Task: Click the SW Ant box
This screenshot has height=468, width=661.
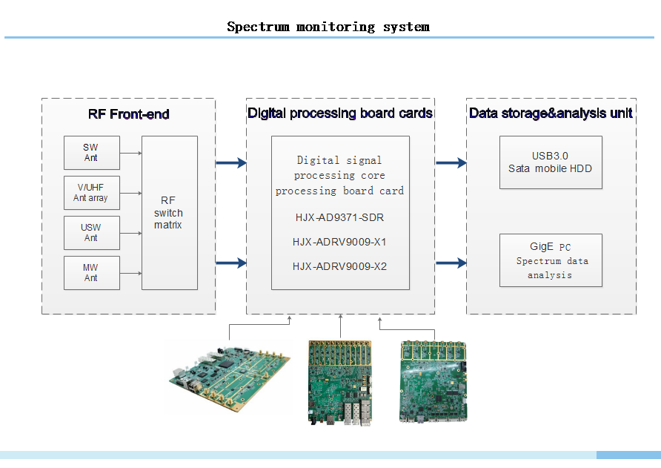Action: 90,153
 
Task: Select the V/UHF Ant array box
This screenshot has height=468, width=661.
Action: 90,193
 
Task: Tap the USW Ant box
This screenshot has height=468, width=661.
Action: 90,233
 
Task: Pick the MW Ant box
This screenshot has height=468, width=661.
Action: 90,273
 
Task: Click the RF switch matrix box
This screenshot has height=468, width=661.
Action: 169,213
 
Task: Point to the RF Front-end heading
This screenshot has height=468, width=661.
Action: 128,114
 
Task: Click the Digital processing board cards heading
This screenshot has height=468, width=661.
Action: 340,113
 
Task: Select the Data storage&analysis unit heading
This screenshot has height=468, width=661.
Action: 551,113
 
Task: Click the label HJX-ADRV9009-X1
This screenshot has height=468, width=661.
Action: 339,242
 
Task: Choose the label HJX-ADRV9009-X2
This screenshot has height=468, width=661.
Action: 339,266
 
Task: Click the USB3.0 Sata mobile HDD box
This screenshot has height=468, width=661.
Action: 550,162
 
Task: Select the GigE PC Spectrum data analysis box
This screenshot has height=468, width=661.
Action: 550,260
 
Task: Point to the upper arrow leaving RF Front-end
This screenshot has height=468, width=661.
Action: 230,163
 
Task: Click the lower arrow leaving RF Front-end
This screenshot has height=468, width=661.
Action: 230,263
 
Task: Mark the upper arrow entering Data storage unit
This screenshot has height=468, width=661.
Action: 451,163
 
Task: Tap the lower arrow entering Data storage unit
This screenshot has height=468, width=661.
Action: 451,263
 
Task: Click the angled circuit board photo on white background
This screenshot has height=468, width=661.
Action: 228,376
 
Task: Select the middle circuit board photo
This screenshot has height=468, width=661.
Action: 340,382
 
